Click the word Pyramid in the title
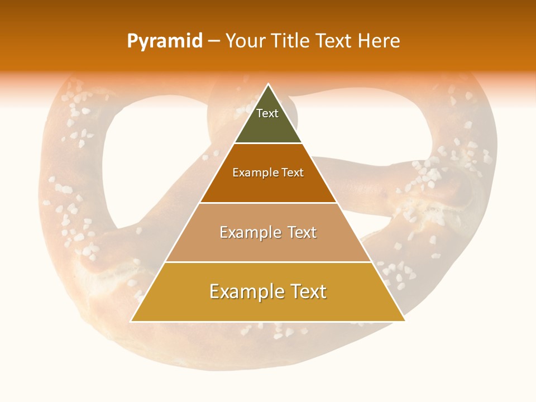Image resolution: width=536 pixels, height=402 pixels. pos(165,41)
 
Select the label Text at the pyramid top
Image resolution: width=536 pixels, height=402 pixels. pos(267,113)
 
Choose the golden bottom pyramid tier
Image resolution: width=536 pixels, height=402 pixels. pos(268,307)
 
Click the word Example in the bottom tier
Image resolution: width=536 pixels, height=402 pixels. pos(245,291)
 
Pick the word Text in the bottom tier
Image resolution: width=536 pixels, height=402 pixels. pos(307,291)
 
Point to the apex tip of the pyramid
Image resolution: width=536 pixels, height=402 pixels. pos(268,84)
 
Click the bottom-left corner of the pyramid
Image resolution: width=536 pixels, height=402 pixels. pos(131,321)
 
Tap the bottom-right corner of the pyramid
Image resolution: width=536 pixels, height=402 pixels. pos(405,321)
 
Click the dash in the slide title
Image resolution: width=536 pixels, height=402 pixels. pos(213,41)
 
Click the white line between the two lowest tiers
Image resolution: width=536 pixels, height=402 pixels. pos(268,262)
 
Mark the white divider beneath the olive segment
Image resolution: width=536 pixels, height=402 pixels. pos(268,143)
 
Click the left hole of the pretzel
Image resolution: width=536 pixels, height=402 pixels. pos(134,167)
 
